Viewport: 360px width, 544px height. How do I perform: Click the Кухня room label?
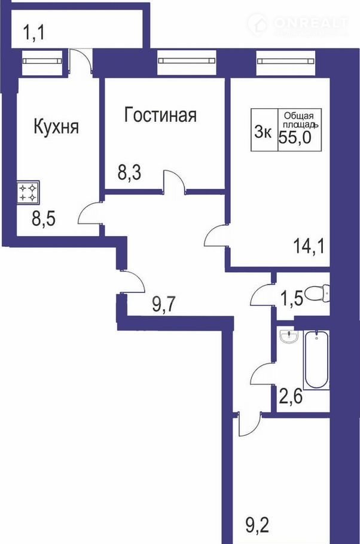click(x=56, y=127)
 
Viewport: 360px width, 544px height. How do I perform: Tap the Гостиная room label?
click(x=160, y=115)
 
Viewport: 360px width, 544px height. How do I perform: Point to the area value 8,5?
click(x=44, y=219)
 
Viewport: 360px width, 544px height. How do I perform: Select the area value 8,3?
click(x=129, y=172)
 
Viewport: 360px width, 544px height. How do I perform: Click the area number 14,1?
click(x=309, y=247)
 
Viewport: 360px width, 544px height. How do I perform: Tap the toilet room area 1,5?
click(x=290, y=297)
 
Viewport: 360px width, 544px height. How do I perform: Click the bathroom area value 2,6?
click(x=291, y=396)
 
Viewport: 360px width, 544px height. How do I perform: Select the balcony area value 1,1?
click(x=33, y=33)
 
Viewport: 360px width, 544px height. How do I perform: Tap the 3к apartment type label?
click(x=263, y=132)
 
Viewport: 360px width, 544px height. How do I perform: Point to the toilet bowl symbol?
click(x=317, y=295)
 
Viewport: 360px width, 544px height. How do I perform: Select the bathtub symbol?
click(x=316, y=360)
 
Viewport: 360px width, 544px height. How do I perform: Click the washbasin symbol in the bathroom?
click(x=288, y=337)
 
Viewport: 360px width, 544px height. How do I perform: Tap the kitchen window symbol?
click(x=42, y=61)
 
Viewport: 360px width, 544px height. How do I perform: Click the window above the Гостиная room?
click(x=187, y=61)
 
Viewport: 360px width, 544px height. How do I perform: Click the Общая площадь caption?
click(x=300, y=120)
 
